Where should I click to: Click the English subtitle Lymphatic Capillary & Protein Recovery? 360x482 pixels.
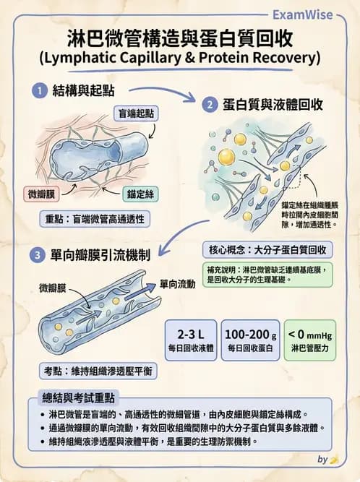pos(180,56)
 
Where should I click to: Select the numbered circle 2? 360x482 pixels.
pos(210,105)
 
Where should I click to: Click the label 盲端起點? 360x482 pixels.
pos(138,113)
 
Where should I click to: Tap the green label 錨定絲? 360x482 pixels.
pos(141,194)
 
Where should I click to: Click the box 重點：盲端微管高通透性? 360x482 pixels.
pos(94,219)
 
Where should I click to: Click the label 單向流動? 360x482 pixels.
pos(178,284)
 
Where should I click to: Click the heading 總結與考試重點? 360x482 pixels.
pos(80,398)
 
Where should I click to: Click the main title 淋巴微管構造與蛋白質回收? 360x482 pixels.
pos(180,36)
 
